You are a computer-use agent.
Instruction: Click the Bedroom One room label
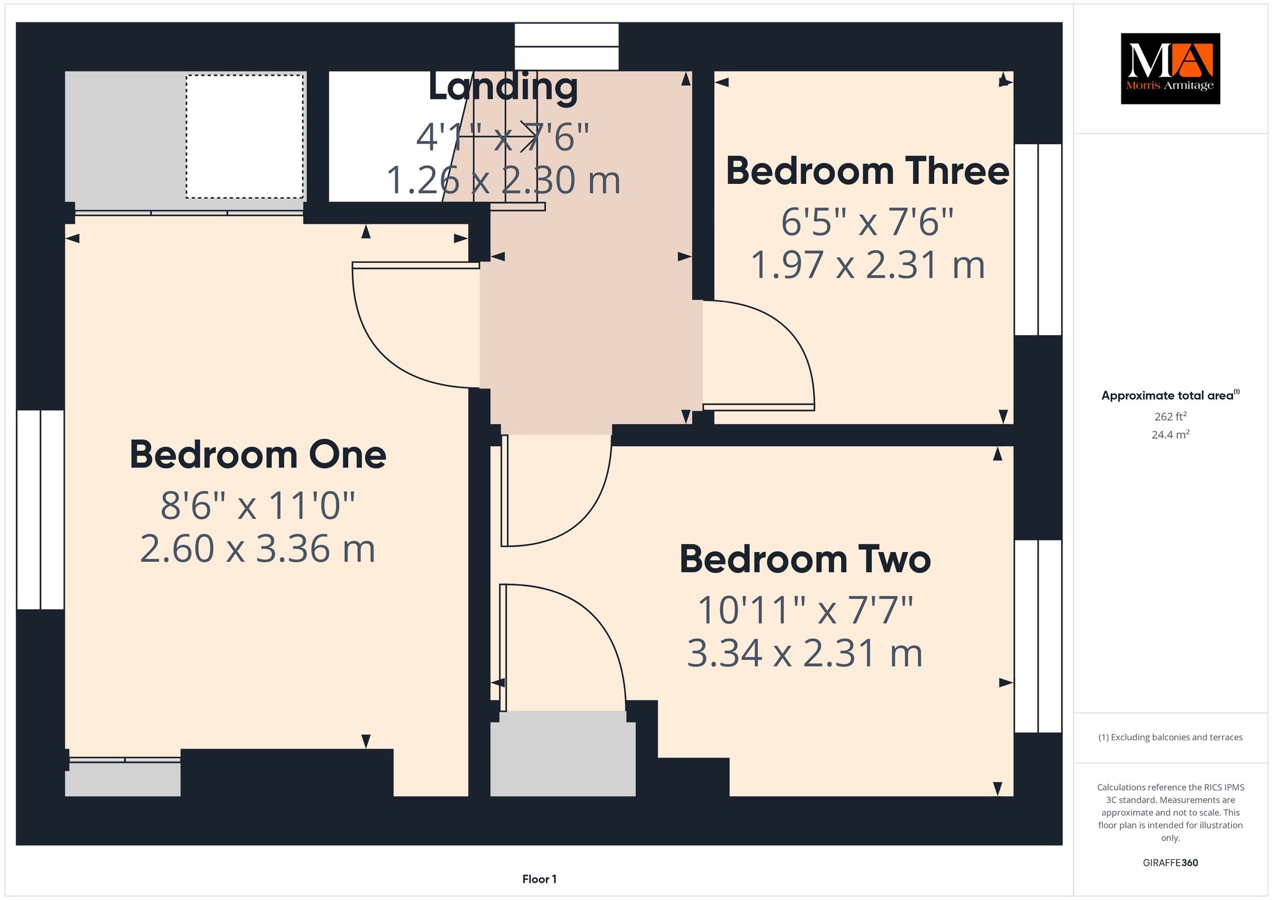(x=258, y=455)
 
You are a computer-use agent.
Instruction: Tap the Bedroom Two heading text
(x=805, y=559)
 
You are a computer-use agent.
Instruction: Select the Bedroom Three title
(x=868, y=171)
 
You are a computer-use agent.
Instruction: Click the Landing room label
(x=503, y=87)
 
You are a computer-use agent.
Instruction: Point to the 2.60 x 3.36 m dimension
(x=258, y=549)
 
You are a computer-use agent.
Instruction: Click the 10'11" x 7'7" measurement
(x=805, y=610)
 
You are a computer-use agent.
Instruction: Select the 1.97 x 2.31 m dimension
(x=868, y=265)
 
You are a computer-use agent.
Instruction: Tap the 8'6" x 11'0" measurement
(x=258, y=505)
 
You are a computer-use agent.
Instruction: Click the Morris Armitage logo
(x=1170, y=68)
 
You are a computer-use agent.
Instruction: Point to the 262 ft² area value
(x=1170, y=416)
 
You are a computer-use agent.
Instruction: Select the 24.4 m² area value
(x=1170, y=434)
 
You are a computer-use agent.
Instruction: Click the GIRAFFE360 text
(x=1170, y=863)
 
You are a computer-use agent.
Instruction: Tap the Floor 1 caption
(x=540, y=879)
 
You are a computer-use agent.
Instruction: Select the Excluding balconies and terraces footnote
(x=1170, y=738)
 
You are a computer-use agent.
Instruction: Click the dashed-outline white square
(x=245, y=137)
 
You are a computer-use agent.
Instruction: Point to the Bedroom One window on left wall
(x=40, y=510)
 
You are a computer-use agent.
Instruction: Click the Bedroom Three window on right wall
(x=1038, y=240)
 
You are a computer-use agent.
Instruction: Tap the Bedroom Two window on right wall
(x=1038, y=636)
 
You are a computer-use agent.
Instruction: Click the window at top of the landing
(x=567, y=47)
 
